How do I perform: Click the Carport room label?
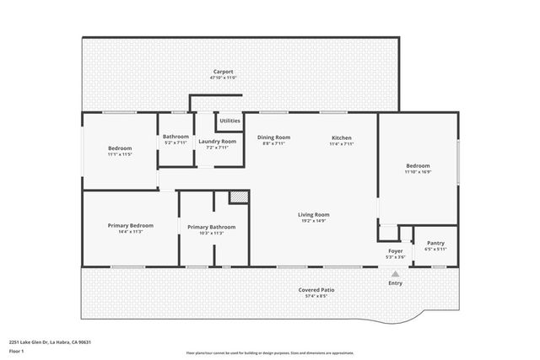223,72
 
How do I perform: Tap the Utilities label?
229,121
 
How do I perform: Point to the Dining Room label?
273,137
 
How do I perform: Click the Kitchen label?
341,137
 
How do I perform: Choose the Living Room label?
313,215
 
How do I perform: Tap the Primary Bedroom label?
130,225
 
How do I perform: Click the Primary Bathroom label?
211,227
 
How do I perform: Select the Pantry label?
435,243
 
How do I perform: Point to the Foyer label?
395,250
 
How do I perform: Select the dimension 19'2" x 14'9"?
313,221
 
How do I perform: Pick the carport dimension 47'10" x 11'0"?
223,78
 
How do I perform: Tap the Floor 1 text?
17,350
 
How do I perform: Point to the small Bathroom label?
175,137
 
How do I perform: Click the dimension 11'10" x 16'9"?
418,172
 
